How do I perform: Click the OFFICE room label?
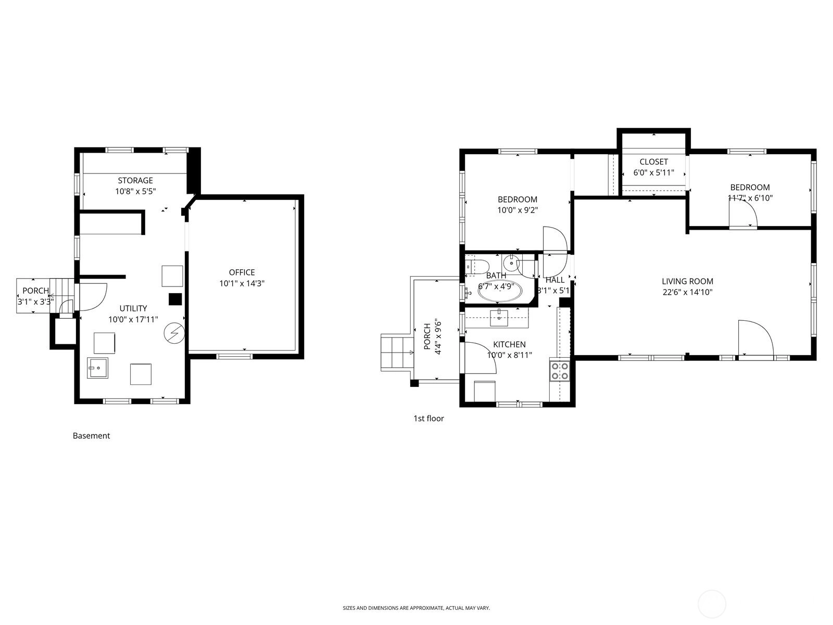[x=242, y=272]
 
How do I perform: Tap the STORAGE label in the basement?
[x=135, y=180]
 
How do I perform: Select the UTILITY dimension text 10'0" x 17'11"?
[x=133, y=319]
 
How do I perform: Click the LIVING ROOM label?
[x=687, y=281]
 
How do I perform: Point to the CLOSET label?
[x=653, y=161]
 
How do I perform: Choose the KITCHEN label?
[x=509, y=344]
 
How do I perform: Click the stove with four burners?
[x=560, y=371]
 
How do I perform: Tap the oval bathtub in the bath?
[x=500, y=291]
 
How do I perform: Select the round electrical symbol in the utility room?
[x=174, y=333]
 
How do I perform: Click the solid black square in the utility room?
[x=175, y=299]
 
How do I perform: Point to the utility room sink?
[x=97, y=368]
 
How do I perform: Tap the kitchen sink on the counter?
[x=499, y=318]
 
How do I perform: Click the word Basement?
[x=91, y=435]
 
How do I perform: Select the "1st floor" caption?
[x=428, y=418]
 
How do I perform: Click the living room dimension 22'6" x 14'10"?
[x=688, y=292]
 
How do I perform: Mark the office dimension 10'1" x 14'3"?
[x=242, y=283]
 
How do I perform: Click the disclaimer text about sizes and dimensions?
[x=416, y=608]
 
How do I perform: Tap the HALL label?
[x=555, y=280]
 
